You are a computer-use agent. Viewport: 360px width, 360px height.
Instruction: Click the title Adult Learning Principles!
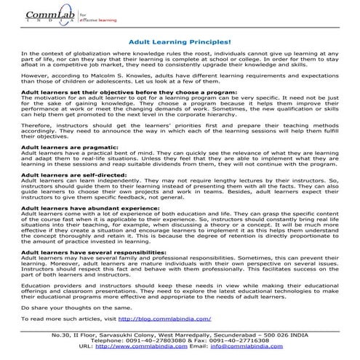(x=180, y=44)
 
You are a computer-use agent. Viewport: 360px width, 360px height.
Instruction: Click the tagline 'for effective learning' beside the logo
(x=93, y=14)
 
